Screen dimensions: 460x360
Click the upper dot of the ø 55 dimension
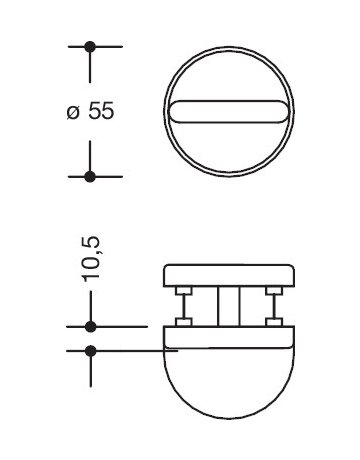point(90,47)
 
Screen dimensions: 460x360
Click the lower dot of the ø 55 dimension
point(90,176)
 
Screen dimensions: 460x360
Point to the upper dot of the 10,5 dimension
point(90,327)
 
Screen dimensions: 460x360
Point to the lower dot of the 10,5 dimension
point(90,350)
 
